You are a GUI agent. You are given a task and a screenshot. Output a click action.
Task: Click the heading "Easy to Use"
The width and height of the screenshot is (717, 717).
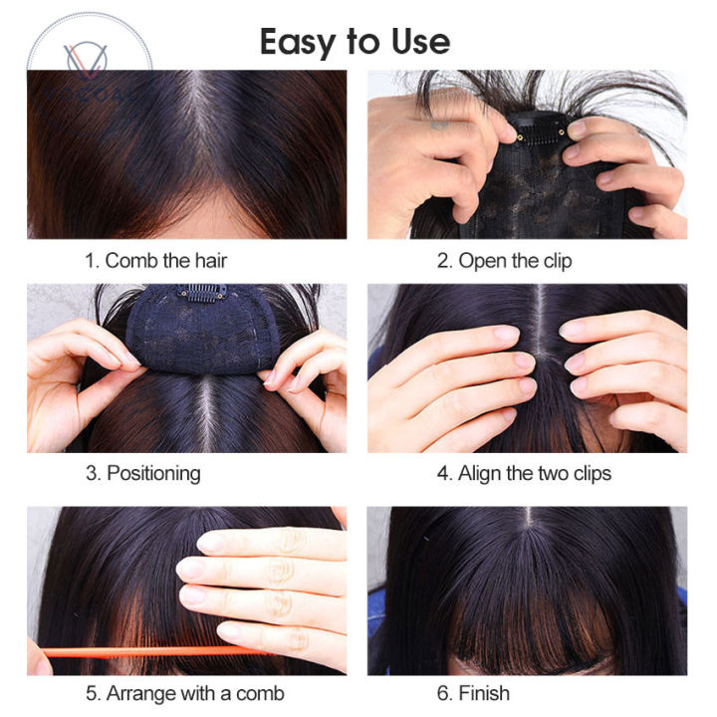pos(355,42)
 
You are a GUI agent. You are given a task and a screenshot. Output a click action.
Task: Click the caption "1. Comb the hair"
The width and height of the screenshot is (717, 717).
pos(156,261)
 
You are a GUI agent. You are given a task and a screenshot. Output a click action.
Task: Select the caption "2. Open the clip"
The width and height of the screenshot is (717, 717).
pos(504,261)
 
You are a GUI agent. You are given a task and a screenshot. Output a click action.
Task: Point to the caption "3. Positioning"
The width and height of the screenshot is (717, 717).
pos(143,474)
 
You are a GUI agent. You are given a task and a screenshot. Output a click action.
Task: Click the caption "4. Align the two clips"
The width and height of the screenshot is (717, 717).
pos(524,473)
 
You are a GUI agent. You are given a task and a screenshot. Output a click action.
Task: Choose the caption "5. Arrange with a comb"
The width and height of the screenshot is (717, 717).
pos(185,694)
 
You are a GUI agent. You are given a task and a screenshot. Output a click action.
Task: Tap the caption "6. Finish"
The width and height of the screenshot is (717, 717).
pos(473,693)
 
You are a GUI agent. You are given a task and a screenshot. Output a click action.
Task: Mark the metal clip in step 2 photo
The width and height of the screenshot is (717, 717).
pos(541,130)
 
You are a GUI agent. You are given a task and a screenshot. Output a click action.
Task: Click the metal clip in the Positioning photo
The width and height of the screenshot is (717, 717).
pos(202,293)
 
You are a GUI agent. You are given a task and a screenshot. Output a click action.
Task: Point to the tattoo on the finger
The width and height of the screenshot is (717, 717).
pos(440,123)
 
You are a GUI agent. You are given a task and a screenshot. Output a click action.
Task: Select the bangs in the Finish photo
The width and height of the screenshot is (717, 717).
pos(531,631)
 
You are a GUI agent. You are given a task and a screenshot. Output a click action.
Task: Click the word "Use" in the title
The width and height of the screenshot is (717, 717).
pos(420,42)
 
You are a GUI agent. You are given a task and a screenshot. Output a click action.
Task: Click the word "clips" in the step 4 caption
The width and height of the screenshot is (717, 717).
pos(593,473)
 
